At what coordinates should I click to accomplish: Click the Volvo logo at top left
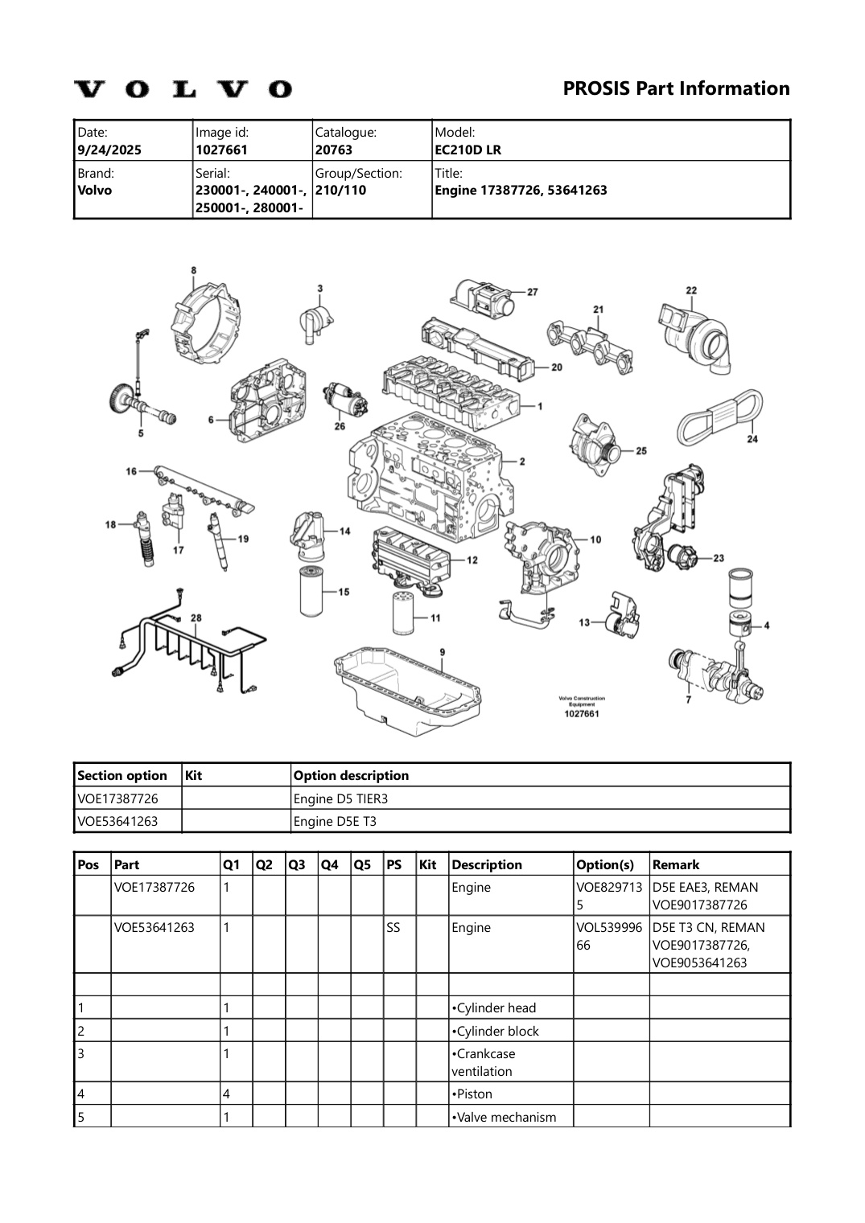(x=183, y=88)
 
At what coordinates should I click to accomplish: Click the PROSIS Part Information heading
(x=676, y=88)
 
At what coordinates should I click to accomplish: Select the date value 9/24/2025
(x=105, y=150)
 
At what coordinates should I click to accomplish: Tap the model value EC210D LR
(x=468, y=150)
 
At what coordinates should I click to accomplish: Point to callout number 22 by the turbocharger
(x=691, y=290)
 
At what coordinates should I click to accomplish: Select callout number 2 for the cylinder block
(x=522, y=462)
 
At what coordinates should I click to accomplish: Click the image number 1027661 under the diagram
(x=581, y=713)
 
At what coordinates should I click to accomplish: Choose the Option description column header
(x=351, y=775)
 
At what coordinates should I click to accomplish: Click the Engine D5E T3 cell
(x=335, y=821)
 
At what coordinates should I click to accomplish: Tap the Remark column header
(x=676, y=864)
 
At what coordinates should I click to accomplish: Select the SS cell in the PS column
(x=393, y=927)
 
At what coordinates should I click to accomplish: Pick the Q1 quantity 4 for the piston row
(x=227, y=1094)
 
